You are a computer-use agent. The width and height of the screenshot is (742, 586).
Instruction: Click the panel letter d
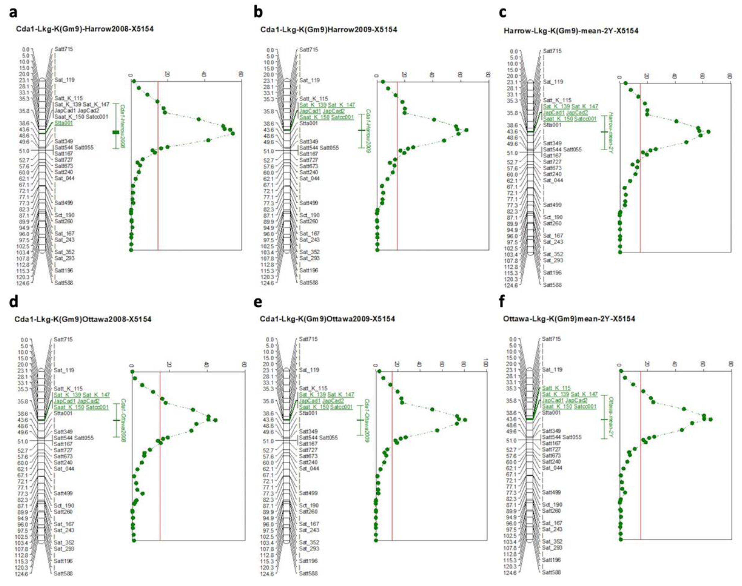click(x=14, y=302)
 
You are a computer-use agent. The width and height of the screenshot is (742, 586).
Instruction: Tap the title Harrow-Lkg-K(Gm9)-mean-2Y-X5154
click(x=571, y=31)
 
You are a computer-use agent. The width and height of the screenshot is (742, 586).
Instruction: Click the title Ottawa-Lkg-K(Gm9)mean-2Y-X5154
click(x=569, y=319)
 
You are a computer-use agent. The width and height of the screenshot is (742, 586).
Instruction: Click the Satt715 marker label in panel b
click(x=309, y=50)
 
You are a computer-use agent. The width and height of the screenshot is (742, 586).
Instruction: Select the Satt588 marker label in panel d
click(x=64, y=573)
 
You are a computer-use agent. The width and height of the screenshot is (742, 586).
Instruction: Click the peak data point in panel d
click(x=215, y=420)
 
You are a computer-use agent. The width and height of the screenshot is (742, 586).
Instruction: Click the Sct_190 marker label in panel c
click(x=552, y=217)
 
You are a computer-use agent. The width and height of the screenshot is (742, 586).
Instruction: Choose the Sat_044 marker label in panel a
click(x=64, y=178)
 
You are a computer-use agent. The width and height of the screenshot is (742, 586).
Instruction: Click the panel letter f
click(x=502, y=302)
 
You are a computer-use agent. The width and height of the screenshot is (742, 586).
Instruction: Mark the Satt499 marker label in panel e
click(x=309, y=493)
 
